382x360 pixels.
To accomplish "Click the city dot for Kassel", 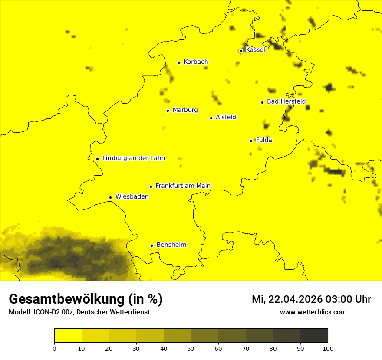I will (241, 51).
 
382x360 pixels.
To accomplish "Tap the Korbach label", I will (196, 62).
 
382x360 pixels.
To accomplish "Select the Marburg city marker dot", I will (168, 111).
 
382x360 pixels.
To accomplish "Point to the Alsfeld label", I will (226, 117).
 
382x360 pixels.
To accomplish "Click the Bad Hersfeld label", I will (286, 101).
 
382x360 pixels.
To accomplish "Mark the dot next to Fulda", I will (251, 141).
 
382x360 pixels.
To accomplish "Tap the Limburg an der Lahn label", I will (133, 158).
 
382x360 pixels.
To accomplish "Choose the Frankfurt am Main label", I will (183, 186).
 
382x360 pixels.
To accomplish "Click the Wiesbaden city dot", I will (111, 197).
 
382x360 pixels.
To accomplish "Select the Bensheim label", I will (171, 245).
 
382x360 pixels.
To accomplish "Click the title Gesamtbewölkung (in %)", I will (86, 299).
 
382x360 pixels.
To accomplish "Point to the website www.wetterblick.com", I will (313, 312).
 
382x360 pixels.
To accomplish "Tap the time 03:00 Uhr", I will (350, 299).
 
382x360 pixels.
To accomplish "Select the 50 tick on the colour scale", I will (191, 348).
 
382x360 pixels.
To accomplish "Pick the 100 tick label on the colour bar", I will (328, 348).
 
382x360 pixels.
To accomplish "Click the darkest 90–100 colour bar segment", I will (314, 336).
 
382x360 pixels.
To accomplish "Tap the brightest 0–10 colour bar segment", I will (68, 336).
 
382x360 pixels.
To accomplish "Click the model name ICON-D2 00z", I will (54, 312).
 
